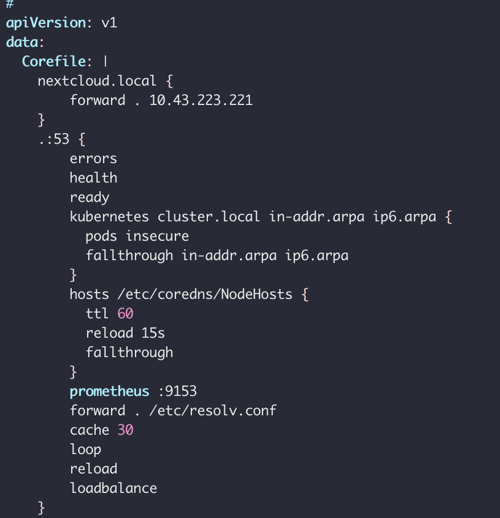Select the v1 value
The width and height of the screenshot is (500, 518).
(x=109, y=23)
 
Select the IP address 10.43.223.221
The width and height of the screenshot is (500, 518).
(x=201, y=100)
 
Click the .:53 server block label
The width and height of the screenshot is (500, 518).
(x=54, y=139)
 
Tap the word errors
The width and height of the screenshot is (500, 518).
(x=93, y=159)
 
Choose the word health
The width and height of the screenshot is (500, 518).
(x=93, y=178)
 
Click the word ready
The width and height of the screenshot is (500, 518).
(x=89, y=197)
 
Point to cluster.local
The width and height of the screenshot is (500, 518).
(x=209, y=217)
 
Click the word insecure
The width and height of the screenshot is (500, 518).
(x=157, y=236)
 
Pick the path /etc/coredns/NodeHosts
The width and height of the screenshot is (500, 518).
(x=205, y=294)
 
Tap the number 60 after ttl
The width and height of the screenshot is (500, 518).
(x=125, y=314)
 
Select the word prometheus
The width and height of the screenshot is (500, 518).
(x=109, y=391)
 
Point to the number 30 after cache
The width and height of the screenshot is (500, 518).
(x=125, y=430)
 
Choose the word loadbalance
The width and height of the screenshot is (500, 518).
(x=113, y=488)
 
